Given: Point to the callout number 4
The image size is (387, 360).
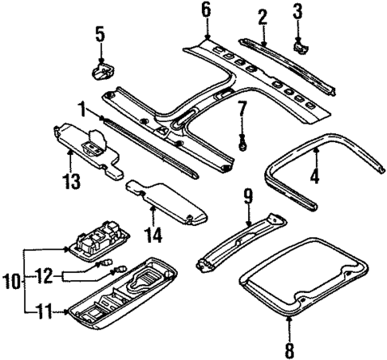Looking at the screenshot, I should [314, 175].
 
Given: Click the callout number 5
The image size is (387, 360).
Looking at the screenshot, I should [100, 34].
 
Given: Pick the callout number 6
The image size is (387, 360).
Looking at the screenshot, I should [206, 10].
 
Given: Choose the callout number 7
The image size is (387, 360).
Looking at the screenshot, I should [243, 108].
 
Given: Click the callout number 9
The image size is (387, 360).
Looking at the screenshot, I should [247, 194].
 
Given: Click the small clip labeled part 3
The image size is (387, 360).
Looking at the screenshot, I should [302, 46].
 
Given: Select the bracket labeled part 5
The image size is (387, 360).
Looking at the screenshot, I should [101, 73].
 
